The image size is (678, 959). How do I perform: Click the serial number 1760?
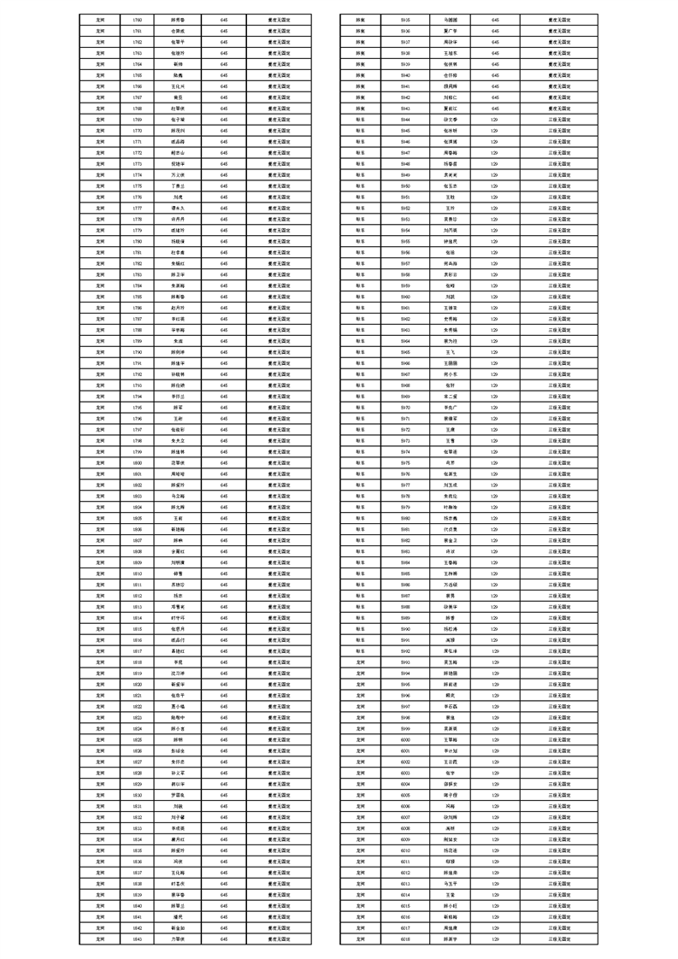pyautogui.click(x=138, y=19)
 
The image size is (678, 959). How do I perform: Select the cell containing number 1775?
pyautogui.click(x=138, y=185)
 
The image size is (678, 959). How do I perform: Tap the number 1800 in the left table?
pyautogui.click(x=138, y=462)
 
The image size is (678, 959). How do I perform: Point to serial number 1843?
pyautogui.click(x=138, y=938)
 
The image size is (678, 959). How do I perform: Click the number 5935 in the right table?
pyautogui.click(x=405, y=19)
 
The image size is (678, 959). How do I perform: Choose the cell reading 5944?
pyautogui.click(x=405, y=119)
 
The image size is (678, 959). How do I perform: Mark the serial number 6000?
pyautogui.click(x=405, y=739)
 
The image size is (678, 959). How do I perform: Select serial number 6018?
pyautogui.click(x=405, y=938)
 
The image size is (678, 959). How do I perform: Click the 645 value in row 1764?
pyautogui.click(x=224, y=63)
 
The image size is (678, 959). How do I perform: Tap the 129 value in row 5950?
pyautogui.click(x=495, y=185)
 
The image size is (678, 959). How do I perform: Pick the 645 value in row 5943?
pyautogui.click(x=495, y=108)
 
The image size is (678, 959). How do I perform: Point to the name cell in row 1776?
pyautogui.click(x=178, y=197)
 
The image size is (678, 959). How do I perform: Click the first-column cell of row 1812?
pyautogui.click(x=100, y=595)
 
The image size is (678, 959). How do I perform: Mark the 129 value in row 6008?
pyautogui.click(x=495, y=827)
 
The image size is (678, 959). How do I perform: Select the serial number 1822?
pyautogui.click(x=138, y=706)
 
